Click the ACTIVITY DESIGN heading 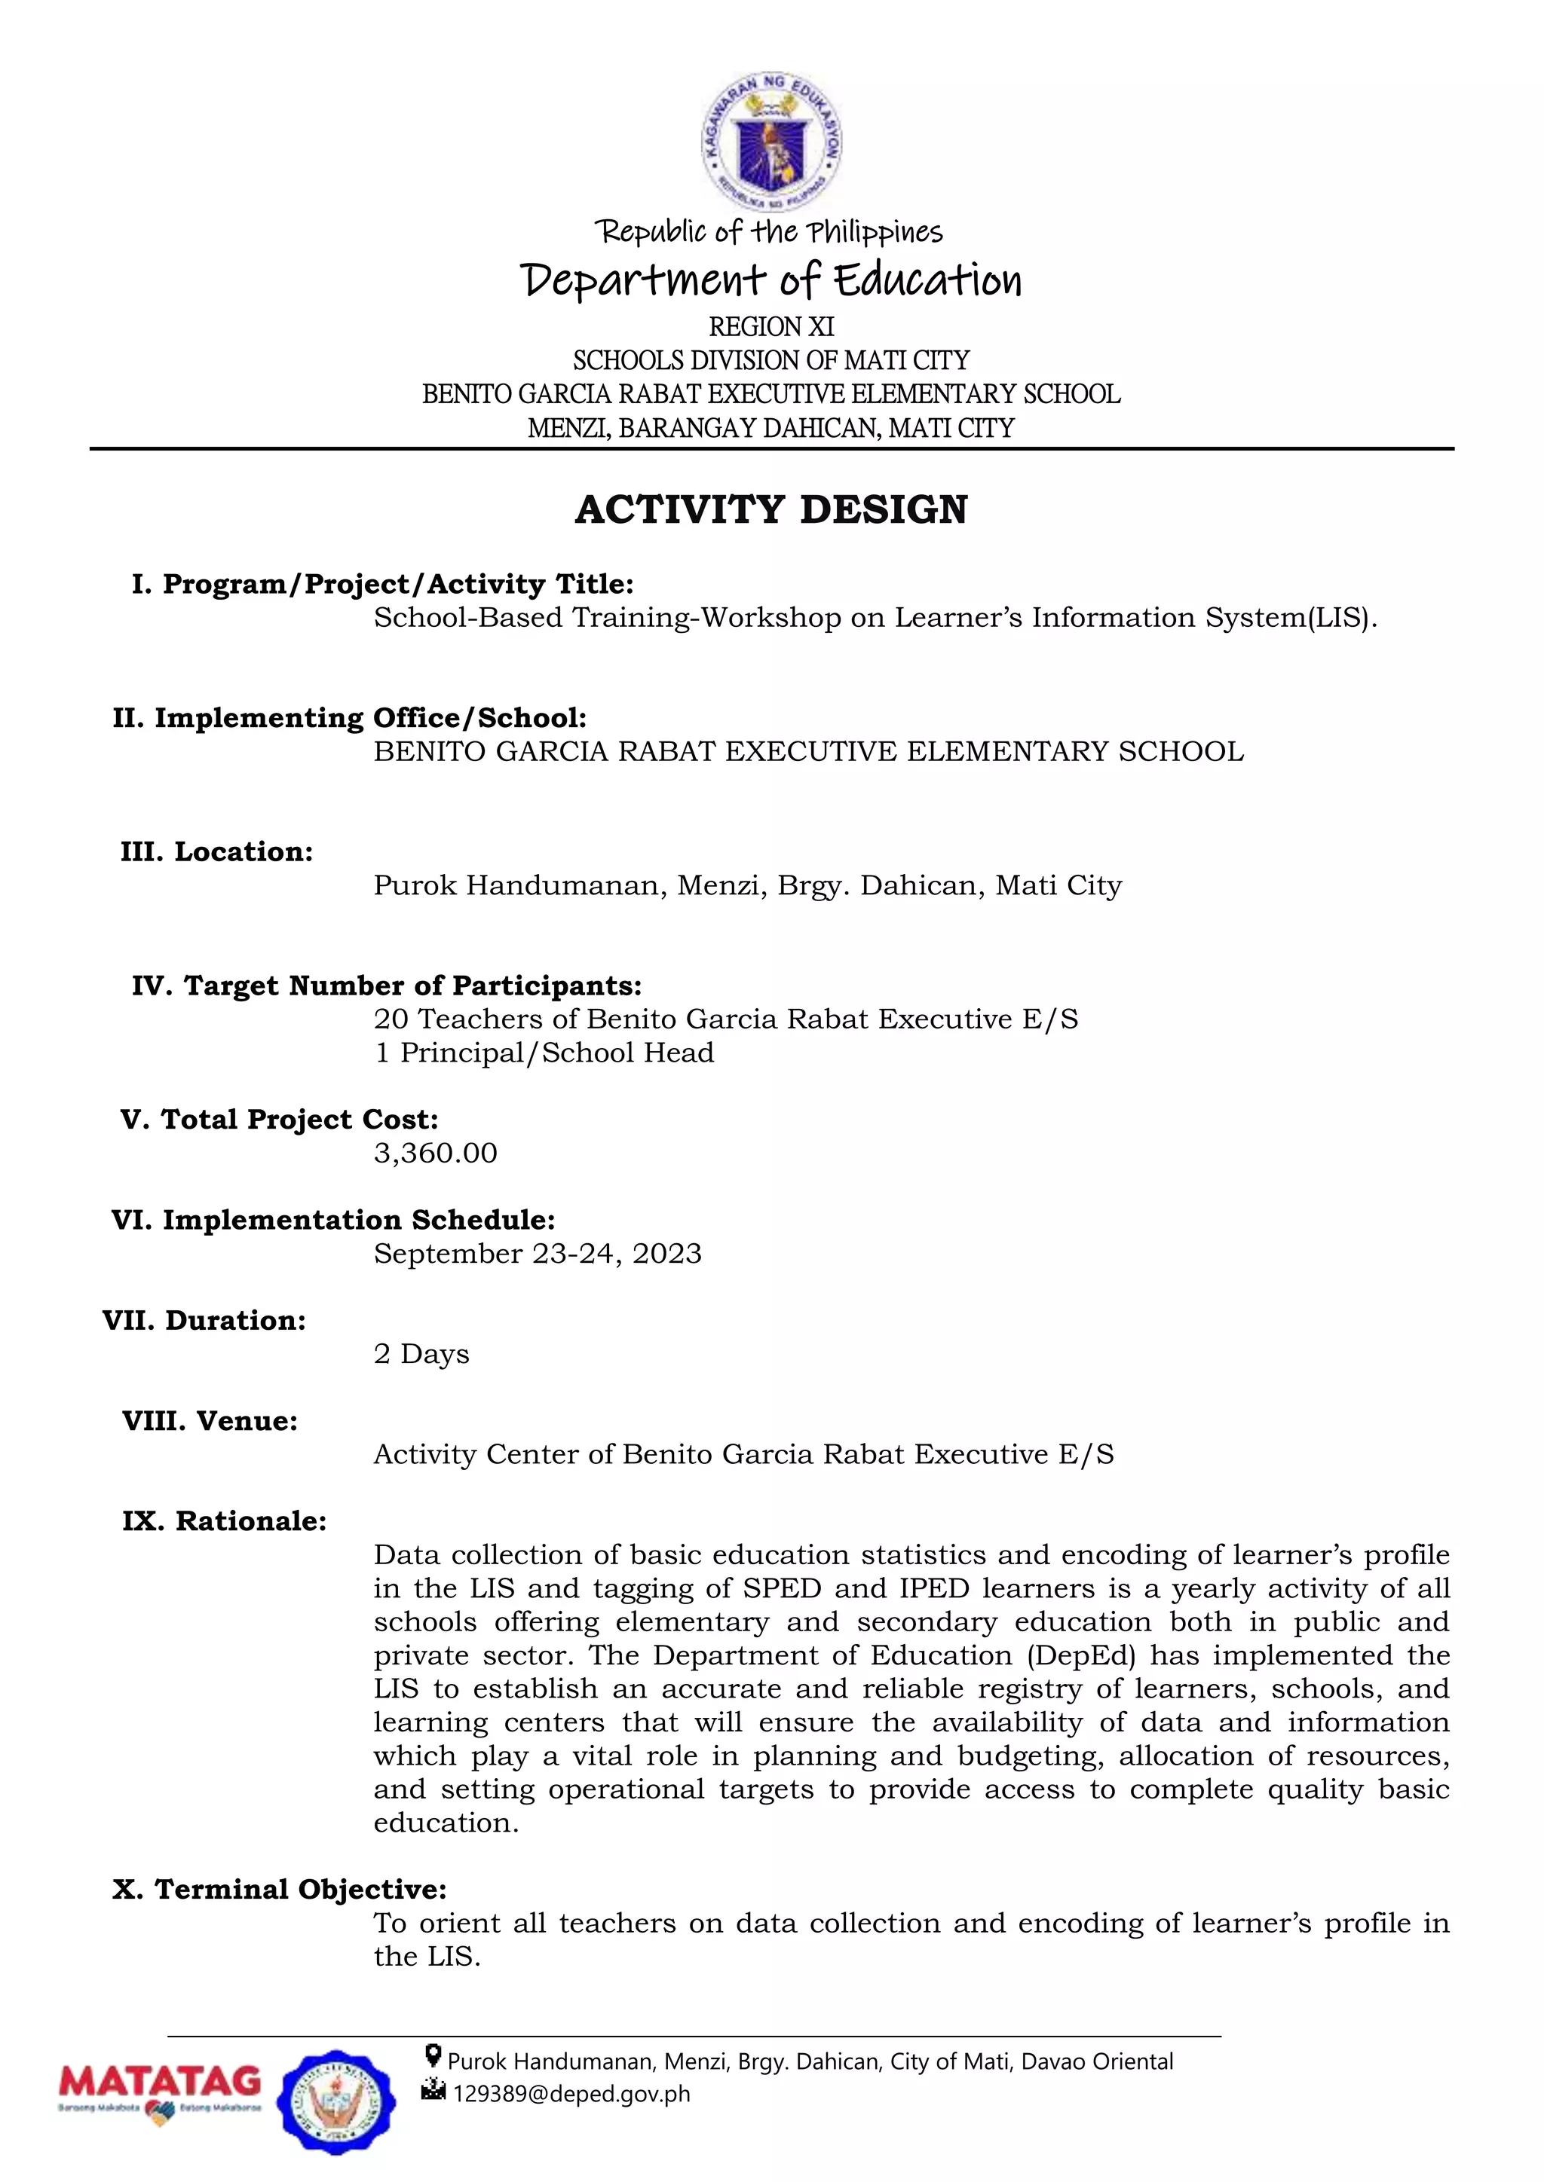click(x=771, y=509)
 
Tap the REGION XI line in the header click(x=771, y=327)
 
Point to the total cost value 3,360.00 click(x=436, y=1153)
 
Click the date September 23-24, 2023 click(x=538, y=1254)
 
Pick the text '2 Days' click(x=421, y=1353)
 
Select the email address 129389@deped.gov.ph click(x=571, y=2094)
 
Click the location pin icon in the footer click(x=433, y=2057)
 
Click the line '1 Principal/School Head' click(x=543, y=1053)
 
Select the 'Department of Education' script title click(x=771, y=280)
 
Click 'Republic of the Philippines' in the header click(x=768, y=232)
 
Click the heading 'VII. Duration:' click(x=204, y=1320)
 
